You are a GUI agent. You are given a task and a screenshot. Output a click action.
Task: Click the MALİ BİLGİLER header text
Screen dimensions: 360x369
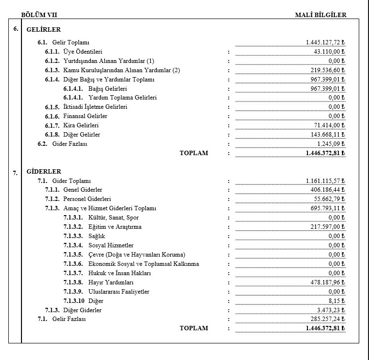pos(321,15)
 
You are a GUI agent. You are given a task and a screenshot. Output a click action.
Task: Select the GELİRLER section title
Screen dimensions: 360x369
pos(43,30)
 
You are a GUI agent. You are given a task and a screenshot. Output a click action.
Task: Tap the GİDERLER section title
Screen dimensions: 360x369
pos(44,172)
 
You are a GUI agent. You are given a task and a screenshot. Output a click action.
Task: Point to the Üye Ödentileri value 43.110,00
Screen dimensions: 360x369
pos(329,52)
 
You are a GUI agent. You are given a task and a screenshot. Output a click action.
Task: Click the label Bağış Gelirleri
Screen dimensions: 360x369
pos(108,89)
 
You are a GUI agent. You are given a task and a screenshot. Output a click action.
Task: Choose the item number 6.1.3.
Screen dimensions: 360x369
pos(52,70)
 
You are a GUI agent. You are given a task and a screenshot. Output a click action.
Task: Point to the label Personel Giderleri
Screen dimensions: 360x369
pos(87,199)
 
